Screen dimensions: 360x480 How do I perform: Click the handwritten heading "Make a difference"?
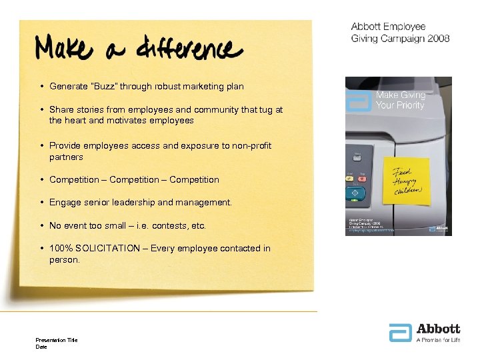(x=139, y=49)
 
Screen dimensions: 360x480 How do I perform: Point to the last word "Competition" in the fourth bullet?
(x=194, y=179)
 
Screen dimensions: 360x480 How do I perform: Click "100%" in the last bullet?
(x=61, y=249)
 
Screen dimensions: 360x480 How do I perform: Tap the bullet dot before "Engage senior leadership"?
(x=42, y=203)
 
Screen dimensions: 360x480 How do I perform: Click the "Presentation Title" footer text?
(x=57, y=340)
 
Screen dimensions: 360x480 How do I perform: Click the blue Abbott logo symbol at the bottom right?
(x=401, y=333)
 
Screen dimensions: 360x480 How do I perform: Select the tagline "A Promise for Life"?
(x=438, y=340)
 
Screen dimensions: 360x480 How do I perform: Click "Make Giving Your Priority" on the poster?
(x=400, y=100)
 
